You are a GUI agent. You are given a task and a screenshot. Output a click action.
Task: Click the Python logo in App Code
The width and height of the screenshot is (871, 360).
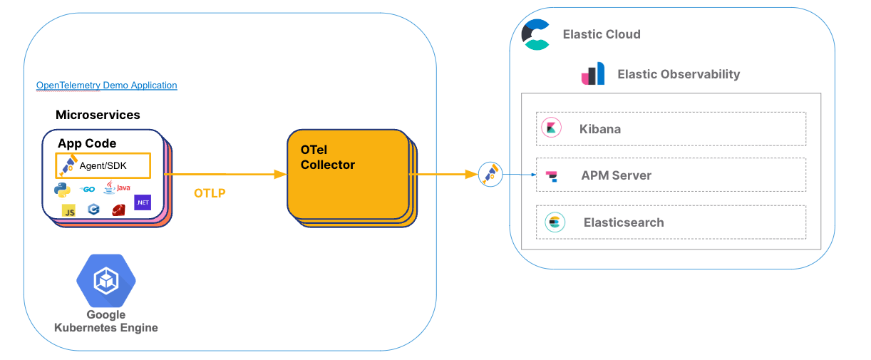click(x=62, y=189)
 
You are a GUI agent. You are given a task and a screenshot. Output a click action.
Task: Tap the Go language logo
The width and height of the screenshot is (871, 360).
click(x=88, y=189)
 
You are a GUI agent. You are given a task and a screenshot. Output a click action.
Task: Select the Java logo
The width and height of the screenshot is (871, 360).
click(x=117, y=187)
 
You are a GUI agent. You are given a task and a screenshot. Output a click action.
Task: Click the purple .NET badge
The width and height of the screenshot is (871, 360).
click(x=143, y=202)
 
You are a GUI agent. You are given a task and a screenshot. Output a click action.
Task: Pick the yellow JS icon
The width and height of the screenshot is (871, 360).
click(x=69, y=210)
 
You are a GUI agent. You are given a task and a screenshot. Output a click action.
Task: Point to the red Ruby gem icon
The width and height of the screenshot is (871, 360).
click(x=118, y=210)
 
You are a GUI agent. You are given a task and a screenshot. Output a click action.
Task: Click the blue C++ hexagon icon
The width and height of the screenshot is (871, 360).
click(x=93, y=210)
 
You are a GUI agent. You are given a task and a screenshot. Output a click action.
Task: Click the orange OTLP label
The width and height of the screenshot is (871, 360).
click(x=210, y=193)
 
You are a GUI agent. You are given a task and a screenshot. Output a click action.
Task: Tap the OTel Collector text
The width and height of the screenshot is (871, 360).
click(x=328, y=158)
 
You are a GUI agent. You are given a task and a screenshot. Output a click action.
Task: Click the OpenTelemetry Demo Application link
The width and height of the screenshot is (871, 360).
click(x=107, y=86)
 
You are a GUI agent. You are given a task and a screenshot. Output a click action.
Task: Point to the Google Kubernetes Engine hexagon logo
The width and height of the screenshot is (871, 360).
click(x=106, y=280)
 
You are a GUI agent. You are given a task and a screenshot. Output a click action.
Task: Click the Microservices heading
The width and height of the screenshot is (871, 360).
click(x=98, y=115)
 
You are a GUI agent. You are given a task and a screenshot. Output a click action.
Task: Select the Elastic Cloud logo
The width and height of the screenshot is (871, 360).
click(x=536, y=34)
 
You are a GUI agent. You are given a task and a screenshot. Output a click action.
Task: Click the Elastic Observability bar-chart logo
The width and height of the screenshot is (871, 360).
click(x=593, y=74)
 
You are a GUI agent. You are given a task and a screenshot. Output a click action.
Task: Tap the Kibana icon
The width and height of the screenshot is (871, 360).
click(x=551, y=128)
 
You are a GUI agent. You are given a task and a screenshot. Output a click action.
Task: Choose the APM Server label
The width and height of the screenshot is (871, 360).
click(x=616, y=175)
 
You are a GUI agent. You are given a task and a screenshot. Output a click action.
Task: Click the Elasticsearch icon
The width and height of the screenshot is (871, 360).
click(x=555, y=222)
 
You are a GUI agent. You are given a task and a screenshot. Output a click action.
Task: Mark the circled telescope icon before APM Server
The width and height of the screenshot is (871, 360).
click(x=490, y=174)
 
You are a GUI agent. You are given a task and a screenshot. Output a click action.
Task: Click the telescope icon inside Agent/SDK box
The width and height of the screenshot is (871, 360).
click(x=68, y=165)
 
